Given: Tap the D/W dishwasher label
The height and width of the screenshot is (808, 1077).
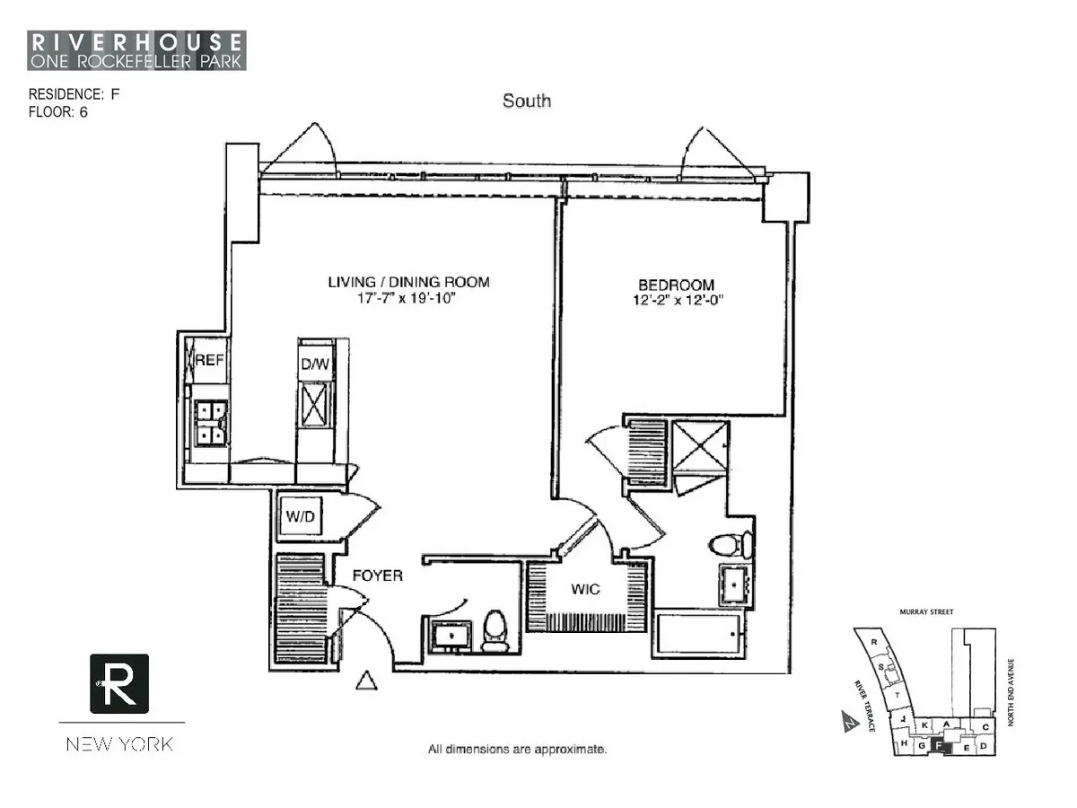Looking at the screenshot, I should click(x=315, y=363).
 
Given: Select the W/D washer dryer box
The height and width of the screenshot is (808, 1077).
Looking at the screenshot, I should click(x=299, y=516).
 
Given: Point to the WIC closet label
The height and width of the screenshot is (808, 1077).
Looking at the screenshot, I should click(x=585, y=590).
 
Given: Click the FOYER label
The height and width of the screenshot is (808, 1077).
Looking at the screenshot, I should click(x=377, y=575).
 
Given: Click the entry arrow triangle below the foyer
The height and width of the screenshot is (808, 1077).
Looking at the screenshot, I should click(x=364, y=681).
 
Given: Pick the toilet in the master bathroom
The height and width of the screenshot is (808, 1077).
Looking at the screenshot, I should click(x=730, y=544).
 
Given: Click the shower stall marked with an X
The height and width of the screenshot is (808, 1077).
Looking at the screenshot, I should click(x=699, y=446).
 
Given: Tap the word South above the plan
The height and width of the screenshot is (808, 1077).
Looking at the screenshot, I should click(x=527, y=101).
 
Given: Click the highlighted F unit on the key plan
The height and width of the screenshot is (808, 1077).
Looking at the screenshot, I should click(x=938, y=744).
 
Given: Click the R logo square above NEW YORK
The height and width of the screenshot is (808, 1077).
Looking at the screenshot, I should click(x=119, y=683).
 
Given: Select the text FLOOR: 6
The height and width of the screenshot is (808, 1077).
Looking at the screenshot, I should click(x=58, y=112).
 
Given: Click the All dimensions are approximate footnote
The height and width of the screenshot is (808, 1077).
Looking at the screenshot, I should click(x=518, y=748).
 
